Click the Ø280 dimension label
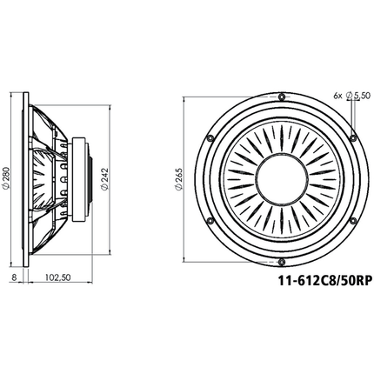[x=6, y=179]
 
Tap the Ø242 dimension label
[x=104, y=180]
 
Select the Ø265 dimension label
[x=178, y=180]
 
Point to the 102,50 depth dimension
[x=58, y=277]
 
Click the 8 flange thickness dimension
[x=14, y=277]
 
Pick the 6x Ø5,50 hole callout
[x=352, y=96]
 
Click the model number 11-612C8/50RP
[x=324, y=281]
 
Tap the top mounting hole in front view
[x=281, y=97]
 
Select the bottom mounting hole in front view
[x=281, y=262]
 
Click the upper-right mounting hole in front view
[x=353, y=137]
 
